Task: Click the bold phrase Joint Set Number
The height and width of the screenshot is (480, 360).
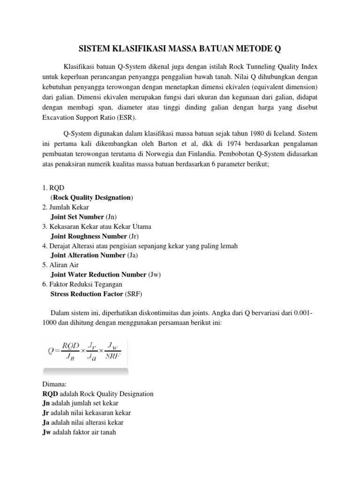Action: tap(77, 217)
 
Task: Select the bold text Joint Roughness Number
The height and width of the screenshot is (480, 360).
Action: tap(89, 236)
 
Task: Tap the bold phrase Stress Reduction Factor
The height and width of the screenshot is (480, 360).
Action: tap(87, 294)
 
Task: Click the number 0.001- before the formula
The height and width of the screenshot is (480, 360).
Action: tap(301, 313)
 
